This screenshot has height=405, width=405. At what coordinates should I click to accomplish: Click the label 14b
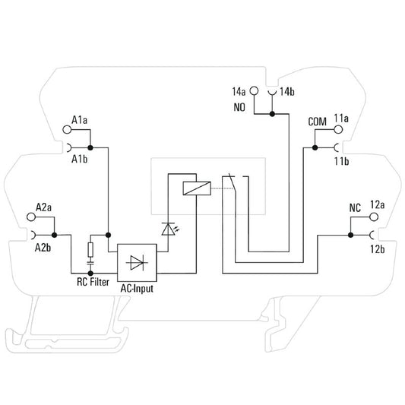tap(287, 92)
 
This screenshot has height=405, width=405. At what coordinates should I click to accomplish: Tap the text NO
tap(239, 107)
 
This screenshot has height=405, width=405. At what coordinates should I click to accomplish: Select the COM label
tap(317, 122)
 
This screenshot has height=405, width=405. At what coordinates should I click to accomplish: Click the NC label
tap(355, 208)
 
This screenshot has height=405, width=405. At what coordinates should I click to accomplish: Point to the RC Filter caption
tap(93, 282)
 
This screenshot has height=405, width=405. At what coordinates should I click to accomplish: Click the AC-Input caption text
tap(137, 289)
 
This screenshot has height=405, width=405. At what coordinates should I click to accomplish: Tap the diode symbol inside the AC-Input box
tap(137, 262)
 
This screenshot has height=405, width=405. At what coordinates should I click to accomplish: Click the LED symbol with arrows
tap(170, 229)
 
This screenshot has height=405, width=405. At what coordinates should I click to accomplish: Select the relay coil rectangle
tap(197, 188)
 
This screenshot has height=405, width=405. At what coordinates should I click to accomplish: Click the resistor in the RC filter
tap(90, 250)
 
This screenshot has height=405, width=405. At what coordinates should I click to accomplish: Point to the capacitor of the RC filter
tap(90, 263)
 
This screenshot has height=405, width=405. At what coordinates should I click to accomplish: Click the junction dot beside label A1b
tap(90, 147)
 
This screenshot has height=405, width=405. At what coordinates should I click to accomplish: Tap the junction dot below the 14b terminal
tap(272, 114)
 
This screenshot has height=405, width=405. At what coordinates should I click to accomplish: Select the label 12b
tap(378, 249)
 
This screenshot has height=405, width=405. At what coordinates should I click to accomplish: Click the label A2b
tap(43, 248)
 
